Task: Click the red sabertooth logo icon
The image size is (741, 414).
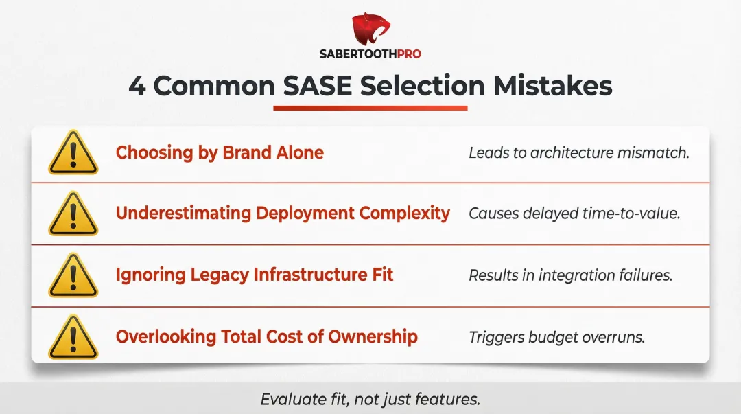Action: click(370, 30)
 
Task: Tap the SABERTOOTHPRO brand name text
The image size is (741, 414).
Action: click(370, 54)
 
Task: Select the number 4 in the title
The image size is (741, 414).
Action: click(137, 87)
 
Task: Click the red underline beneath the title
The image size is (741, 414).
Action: click(370, 108)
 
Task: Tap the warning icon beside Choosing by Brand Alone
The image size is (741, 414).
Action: click(73, 153)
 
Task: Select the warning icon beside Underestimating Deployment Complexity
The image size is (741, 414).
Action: click(73, 214)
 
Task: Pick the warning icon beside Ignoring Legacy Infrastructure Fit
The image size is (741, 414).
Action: click(73, 276)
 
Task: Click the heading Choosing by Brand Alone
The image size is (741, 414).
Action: click(220, 152)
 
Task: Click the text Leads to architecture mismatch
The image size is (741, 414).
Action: click(578, 153)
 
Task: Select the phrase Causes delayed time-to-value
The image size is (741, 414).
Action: click(574, 214)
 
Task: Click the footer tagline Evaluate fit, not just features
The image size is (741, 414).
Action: click(370, 399)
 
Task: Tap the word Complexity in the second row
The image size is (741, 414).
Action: click(405, 214)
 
